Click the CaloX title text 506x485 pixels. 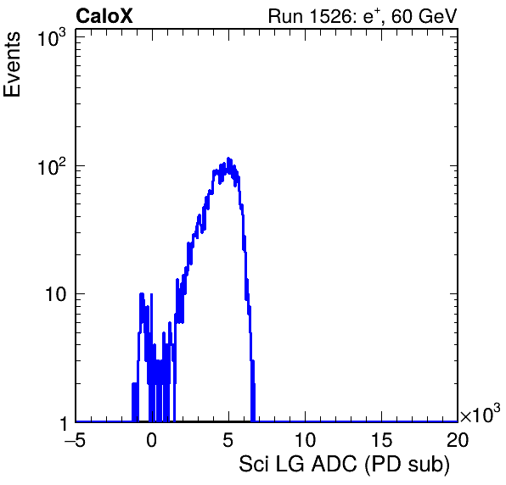104,16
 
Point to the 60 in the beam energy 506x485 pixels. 402,16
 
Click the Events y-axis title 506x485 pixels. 12,64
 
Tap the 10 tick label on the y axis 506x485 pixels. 55,294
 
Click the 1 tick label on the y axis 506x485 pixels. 64,423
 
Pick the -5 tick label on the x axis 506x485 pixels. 75,439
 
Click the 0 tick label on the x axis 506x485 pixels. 151,439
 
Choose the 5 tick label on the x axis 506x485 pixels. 228,439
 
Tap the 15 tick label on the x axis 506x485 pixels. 381,439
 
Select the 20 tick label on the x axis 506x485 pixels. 458,439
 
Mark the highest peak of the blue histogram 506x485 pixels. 228,159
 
